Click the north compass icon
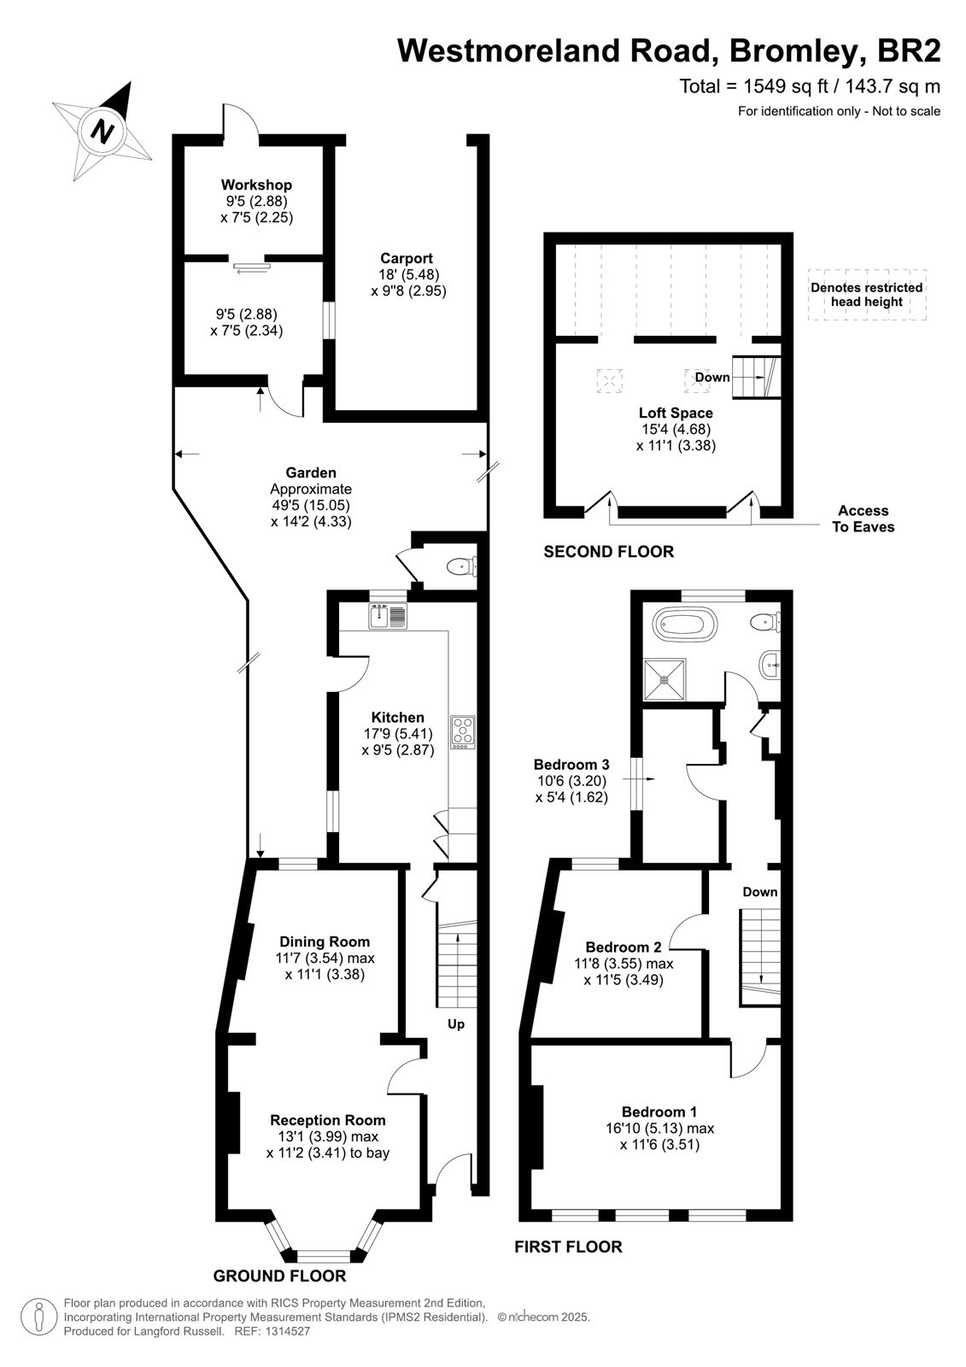pos(102,132)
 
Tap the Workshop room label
pos(256,185)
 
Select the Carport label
pos(407,258)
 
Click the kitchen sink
pos(388,615)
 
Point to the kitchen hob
pos(463,732)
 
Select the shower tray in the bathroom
pos(664,680)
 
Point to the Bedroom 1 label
pos(659,1112)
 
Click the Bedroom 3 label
pos(571,764)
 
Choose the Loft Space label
pos(676,413)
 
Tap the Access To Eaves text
pos(863,519)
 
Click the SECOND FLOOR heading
pos(608,552)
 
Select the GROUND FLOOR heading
pos(279,1276)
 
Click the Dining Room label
pos(325,942)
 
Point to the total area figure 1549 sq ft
pos(785,86)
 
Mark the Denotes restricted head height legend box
pos(867,295)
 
